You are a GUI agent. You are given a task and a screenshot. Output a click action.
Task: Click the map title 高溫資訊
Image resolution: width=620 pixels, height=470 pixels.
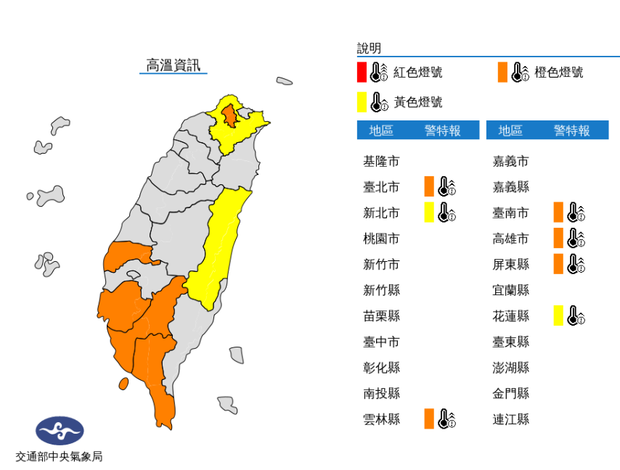click(173, 65)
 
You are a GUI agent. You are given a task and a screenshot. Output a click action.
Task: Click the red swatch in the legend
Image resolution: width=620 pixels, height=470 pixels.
click(362, 73)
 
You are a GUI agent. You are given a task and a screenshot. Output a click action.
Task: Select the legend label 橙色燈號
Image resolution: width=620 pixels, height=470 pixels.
click(558, 73)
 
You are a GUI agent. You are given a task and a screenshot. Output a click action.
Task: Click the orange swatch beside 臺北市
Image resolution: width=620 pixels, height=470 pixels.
click(429, 186)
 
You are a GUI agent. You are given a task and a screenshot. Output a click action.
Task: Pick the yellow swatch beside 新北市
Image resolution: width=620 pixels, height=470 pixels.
click(429, 213)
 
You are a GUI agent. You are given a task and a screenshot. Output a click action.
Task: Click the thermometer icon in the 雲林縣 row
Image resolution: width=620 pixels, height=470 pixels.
click(446, 419)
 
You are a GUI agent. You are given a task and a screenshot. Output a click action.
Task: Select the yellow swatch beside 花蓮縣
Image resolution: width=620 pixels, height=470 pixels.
click(558, 316)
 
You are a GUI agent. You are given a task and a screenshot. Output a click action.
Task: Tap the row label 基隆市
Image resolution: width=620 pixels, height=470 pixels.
click(381, 161)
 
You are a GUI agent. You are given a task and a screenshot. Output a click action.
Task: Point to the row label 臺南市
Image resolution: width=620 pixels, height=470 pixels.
click(510, 213)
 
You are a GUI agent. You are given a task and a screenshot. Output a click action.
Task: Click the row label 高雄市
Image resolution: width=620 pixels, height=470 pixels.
click(510, 239)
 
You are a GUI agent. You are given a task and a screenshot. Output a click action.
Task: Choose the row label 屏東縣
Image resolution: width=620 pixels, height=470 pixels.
click(510, 264)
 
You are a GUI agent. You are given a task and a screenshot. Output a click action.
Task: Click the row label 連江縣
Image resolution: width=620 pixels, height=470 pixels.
click(510, 419)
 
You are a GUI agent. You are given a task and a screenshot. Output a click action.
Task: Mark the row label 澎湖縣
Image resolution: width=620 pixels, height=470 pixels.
click(510, 367)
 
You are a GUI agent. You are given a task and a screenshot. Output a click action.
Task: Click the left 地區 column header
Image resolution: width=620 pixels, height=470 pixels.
click(381, 131)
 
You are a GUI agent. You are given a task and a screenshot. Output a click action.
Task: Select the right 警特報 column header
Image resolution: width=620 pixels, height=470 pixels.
click(571, 131)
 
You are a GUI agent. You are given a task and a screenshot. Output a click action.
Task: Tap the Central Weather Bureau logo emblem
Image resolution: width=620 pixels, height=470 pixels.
click(60, 431)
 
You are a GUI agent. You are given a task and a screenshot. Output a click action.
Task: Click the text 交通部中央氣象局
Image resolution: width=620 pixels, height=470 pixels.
click(60, 457)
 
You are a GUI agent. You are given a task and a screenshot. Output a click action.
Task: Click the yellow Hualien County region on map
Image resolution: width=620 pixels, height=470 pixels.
click(221, 239)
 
